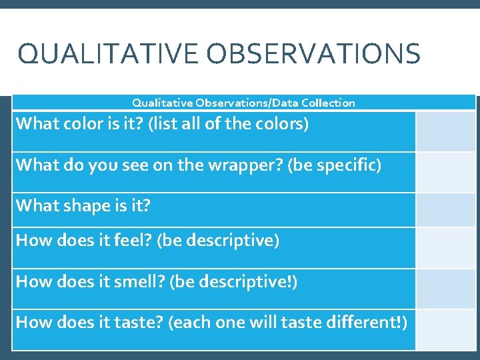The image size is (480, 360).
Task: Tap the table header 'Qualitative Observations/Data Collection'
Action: [243, 103]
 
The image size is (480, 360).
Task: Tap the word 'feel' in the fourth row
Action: [135, 240]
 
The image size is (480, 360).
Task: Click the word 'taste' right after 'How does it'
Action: [141, 323]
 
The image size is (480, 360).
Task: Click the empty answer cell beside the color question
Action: [446, 131]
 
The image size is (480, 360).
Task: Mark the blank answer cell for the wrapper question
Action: [446, 172]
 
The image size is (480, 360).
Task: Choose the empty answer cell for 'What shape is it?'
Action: [446, 209]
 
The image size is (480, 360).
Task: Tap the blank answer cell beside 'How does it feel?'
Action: [446, 247]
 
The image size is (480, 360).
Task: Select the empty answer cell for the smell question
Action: [446, 289]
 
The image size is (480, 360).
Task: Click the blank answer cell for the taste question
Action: [446, 329]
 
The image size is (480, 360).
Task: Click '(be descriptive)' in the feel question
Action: [217, 240]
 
